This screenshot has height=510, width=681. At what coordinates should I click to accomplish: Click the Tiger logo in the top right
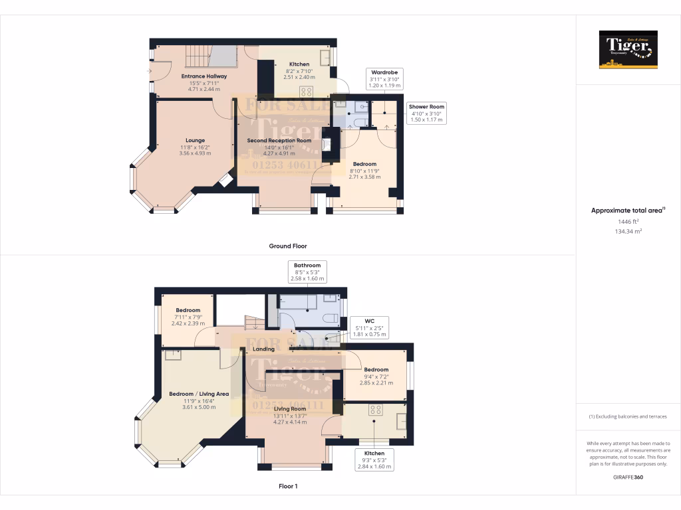(628, 50)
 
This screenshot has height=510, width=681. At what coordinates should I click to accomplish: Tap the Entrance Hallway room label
(204, 76)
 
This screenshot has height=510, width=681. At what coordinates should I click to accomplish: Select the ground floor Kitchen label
(299, 64)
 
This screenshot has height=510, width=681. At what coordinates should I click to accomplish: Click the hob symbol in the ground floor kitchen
(307, 92)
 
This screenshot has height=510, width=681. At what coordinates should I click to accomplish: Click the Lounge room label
(195, 140)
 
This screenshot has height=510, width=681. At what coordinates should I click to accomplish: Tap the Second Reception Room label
(279, 141)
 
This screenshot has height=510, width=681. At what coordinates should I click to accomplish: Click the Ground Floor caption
(287, 246)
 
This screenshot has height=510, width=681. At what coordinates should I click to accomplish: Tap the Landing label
(263, 349)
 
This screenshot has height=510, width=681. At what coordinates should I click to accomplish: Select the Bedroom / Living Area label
(198, 394)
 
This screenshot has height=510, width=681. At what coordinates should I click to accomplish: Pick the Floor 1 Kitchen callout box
(374, 460)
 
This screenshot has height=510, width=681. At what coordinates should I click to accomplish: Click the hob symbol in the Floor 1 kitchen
(374, 410)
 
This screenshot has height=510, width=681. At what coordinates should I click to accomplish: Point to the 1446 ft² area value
(628, 222)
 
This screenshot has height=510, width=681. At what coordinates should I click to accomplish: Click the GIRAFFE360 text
(628, 477)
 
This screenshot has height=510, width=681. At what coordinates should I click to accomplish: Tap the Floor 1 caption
(287, 487)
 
